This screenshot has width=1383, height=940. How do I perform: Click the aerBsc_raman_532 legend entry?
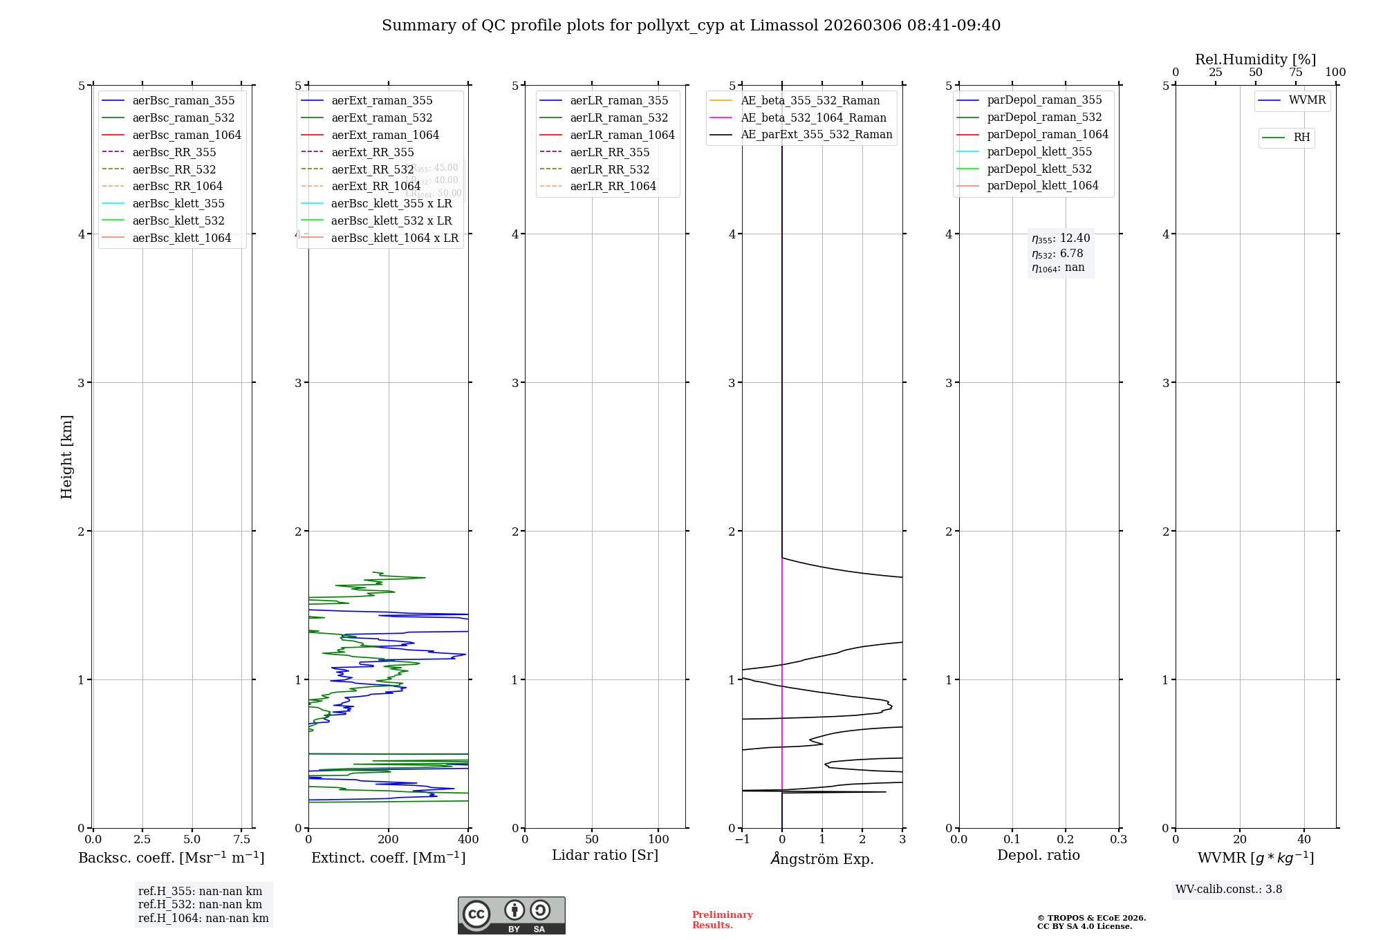(183, 118)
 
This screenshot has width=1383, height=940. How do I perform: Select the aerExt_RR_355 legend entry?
(372, 153)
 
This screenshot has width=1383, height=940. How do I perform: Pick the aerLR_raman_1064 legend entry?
(622, 135)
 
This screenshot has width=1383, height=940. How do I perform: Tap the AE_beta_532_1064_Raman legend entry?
(813, 118)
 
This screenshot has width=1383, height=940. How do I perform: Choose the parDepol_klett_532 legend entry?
(1039, 169)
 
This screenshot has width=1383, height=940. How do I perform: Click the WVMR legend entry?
(1306, 101)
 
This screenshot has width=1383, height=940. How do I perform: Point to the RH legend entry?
(1301, 138)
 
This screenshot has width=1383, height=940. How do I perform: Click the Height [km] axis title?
(66, 457)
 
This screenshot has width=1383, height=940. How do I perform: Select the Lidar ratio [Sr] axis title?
(605, 856)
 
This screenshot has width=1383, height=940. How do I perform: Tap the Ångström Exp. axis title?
(822, 859)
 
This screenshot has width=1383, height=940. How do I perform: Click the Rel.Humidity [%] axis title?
(1255, 60)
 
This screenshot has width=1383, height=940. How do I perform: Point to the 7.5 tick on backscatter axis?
(241, 840)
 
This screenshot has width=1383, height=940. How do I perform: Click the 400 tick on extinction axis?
(468, 840)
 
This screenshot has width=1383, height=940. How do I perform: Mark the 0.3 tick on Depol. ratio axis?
(1118, 840)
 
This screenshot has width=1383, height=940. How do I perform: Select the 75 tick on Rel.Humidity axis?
(1295, 73)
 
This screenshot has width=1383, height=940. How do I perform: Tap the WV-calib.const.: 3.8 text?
(1228, 890)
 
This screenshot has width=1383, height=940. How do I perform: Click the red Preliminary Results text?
(722, 920)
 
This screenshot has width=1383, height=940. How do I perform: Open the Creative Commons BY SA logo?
(511, 916)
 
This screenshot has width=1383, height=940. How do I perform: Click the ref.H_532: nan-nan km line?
(200, 905)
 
